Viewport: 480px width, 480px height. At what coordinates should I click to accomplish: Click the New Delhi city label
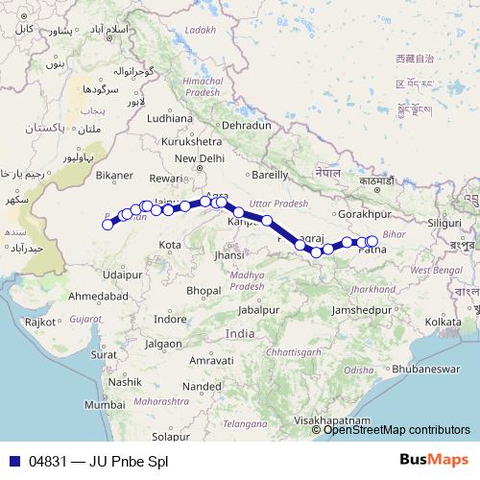[199, 158]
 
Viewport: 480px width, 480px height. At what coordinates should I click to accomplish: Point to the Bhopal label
[204, 289]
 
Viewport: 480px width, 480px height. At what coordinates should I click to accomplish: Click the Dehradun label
[247, 126]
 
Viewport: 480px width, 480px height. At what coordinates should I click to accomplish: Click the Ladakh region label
[200, 30]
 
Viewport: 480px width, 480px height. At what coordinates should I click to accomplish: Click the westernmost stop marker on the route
[108, 225]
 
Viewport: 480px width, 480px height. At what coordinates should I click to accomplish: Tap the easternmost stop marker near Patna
[372, 241]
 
